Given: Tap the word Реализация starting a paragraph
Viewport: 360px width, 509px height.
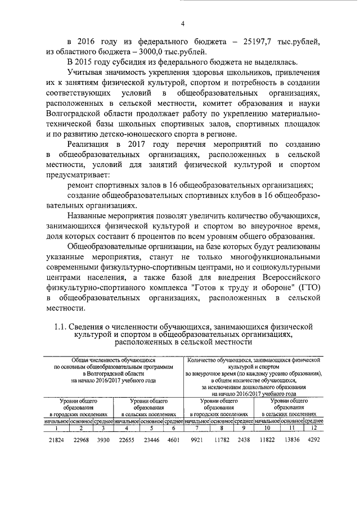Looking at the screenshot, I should pyautogui.click(x=89, y=143).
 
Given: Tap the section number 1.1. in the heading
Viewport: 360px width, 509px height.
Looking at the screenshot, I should pyautogui.click(x=62, y=326).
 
